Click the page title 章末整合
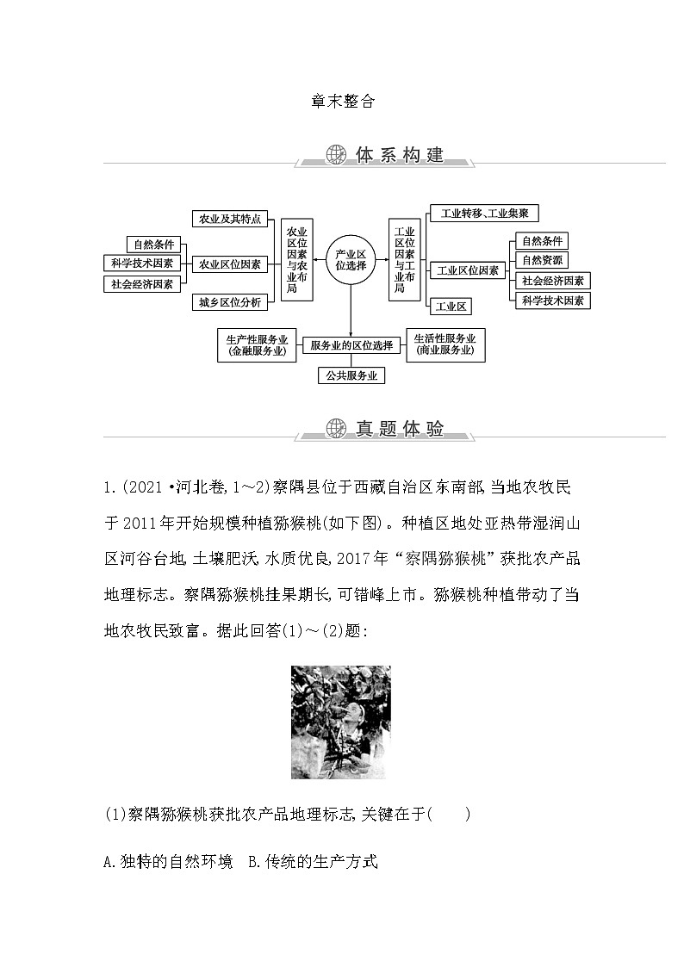[x=342, y=101]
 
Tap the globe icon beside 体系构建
[x=336, y=155]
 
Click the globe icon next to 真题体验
[x=336, y=428]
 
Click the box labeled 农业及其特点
[x=230, y=219]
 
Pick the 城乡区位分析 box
[x=230, y=302]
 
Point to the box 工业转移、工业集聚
[x=484, y=213]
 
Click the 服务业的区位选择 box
[x=351, y=345]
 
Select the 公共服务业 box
[x=351, y=376]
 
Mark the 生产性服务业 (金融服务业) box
[x=257, y=344]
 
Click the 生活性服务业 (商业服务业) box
[x=445, y=344]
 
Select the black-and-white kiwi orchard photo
[x=341, y=722]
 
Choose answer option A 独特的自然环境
[x=167, y=861]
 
